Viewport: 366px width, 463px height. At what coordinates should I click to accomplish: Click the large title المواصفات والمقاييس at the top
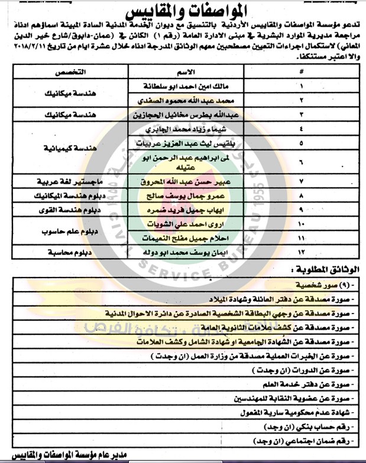183,12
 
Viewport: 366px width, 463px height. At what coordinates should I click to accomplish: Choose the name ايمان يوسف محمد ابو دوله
183,252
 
